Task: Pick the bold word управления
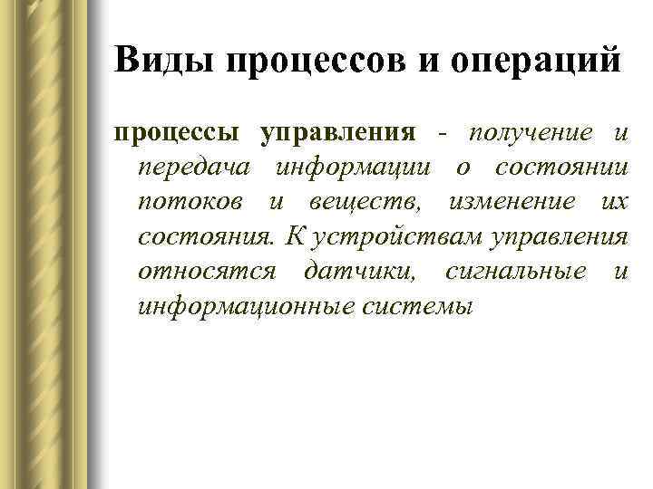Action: (338, 135)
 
